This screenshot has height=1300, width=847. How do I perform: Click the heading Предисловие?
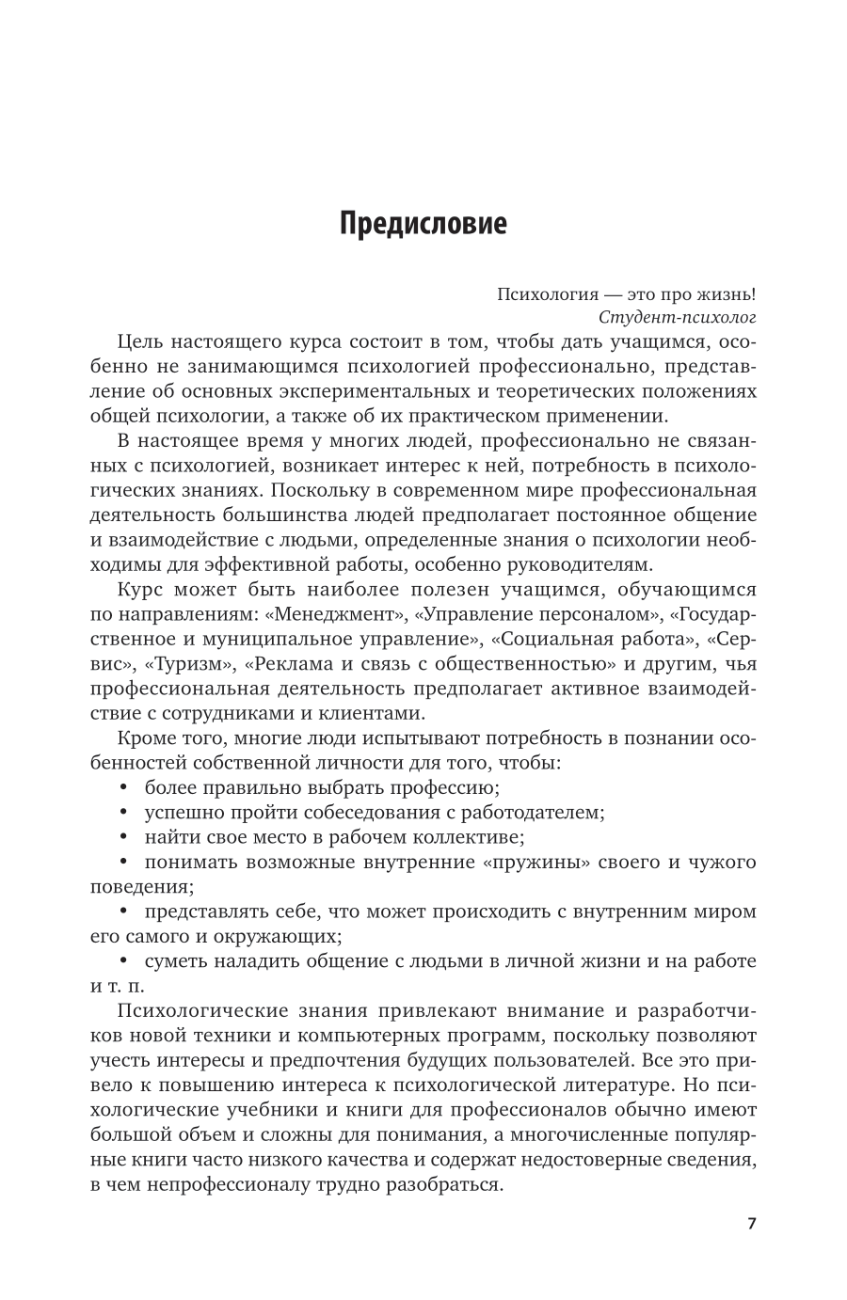423,250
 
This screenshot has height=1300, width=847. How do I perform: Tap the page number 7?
751,1224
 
